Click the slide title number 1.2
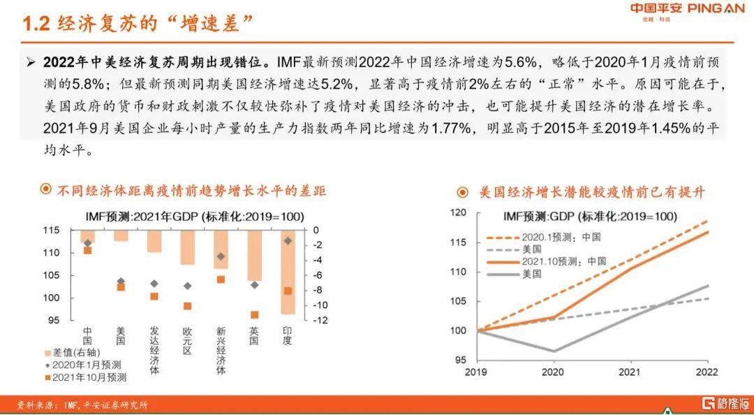36,24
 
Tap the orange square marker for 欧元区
187,306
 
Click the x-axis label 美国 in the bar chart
120,335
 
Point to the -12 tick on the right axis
316,321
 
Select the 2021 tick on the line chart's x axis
629,372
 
